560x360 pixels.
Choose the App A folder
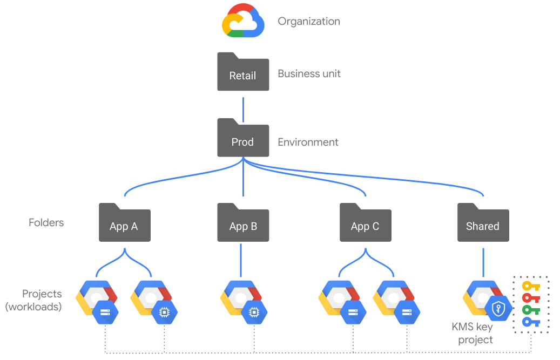tap(124, 224)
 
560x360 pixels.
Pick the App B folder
tap(243, 224)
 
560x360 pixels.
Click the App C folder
tap(365, 224)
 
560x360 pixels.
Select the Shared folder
tap(483, 224)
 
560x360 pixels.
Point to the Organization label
tap(309, 22)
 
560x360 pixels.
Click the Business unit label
tap(309, 73)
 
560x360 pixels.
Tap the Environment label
tap(308, 142)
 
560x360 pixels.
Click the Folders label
tap(46, 222)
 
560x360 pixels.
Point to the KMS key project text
tap(473, 333)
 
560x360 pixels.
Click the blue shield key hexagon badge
tap(498, 309)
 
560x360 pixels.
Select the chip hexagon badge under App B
tap(253, 311)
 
